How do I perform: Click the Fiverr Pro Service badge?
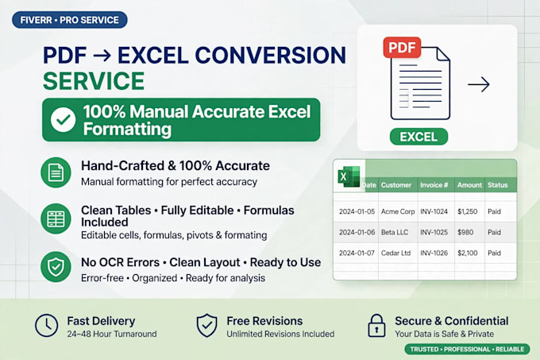pos(70,20)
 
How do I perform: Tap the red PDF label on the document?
pos(402,47)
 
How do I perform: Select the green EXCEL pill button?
pos(418,137)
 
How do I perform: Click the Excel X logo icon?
pos(349,176)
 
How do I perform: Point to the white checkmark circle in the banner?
pos(63,120)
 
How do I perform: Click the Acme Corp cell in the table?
pos(398,211)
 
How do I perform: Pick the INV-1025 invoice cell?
pos(434,232)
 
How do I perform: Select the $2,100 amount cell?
pos(467,253)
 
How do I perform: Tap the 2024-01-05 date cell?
pos(357,211)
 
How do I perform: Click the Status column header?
pos(498,185)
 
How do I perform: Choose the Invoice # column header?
pos(434,185)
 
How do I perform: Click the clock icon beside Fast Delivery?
pos(47,326)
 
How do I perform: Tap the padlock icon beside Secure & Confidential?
pos(376,326)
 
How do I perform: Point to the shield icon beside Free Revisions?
pos(206,326)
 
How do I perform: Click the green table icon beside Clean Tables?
pos(56,219)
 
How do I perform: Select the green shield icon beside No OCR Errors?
pos(56,267)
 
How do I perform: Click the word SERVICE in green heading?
pos(94,81)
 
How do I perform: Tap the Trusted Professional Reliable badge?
pos(467,349)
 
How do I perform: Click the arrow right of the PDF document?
pos(479,85)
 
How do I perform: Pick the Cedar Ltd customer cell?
pos(395,253)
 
